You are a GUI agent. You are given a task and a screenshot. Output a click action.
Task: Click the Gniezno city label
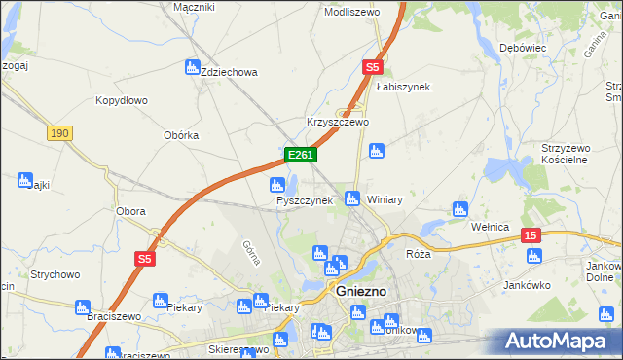coord(362,291)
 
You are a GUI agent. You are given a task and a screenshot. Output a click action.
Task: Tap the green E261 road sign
coord(300,156)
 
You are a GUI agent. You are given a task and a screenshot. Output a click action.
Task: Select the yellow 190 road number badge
coord(59,133)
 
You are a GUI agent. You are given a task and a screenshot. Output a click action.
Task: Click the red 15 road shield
coord(531,235)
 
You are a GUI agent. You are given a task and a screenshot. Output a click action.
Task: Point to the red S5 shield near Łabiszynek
coord(372,67)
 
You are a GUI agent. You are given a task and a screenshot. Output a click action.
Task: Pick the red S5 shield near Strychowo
coord(144,258)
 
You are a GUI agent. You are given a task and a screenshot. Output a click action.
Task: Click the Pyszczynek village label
coord(305,200)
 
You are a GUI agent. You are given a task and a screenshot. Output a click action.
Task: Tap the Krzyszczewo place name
coord(338,122)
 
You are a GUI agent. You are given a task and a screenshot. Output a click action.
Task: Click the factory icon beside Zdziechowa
coord(192,67)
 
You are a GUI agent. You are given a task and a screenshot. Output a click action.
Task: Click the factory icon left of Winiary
coord(353,198)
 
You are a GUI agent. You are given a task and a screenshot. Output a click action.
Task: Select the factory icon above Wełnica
coord(460,208)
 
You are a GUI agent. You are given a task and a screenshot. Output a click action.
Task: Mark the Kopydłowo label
coord(121,100)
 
